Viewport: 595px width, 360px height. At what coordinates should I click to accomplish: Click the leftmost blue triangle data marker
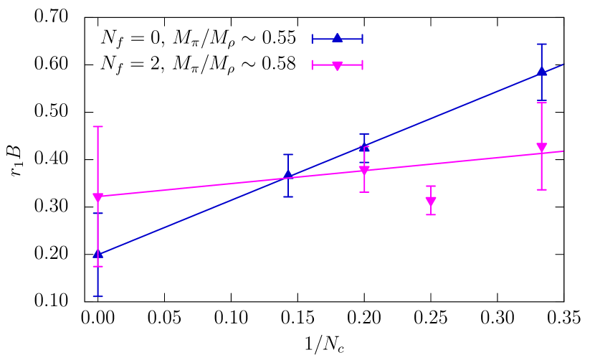pos(97,254)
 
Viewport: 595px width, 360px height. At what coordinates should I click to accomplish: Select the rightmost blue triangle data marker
pos(542,72)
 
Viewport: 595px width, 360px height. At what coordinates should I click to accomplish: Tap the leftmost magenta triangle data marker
pos(97,198)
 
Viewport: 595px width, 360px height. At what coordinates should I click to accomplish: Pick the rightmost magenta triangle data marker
pos(542,148)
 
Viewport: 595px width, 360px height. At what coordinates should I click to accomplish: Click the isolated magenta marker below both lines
pos(431,202)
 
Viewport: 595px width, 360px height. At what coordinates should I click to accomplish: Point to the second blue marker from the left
pos(288,175)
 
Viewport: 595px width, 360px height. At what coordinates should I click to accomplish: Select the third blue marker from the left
pos(364,146)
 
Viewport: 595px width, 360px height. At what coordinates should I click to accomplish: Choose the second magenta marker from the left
pos(364,171)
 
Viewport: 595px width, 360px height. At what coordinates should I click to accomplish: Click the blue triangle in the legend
pos(337,39)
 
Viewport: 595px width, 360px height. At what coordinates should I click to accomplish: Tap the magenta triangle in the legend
pos(337,65)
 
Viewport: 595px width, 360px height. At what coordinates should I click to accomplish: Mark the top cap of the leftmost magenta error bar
pos(97,127)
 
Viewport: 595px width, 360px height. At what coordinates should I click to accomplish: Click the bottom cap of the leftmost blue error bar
pos(97,296)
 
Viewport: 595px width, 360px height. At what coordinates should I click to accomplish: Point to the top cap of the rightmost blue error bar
pos(542,44)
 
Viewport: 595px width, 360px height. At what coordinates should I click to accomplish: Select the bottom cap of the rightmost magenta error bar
pos(542,189)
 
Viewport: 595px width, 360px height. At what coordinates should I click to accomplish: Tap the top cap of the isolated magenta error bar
pos(431,186)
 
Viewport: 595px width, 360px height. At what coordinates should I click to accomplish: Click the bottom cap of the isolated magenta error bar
pos(431,214)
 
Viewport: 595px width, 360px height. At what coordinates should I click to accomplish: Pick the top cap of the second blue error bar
pos(288,155)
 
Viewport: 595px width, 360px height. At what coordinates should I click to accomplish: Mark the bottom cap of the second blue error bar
pos(288,196)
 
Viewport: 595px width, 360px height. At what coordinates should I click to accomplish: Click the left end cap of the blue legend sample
pos(313,39)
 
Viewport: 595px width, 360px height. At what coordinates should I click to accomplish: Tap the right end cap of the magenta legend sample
pos(362,65)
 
